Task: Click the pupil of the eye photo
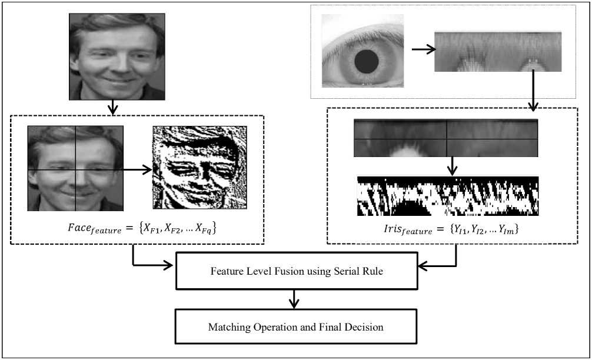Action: (367, 60)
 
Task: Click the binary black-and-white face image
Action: (199, 168)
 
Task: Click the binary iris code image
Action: (448, 196)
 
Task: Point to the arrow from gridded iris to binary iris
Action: (452, 166)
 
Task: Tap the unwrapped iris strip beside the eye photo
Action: (498, 52)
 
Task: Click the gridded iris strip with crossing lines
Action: (446, 138)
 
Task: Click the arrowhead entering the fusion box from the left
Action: (172, 265)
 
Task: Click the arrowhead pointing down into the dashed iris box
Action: (533, 106)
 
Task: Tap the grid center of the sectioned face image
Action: (76, 171)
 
